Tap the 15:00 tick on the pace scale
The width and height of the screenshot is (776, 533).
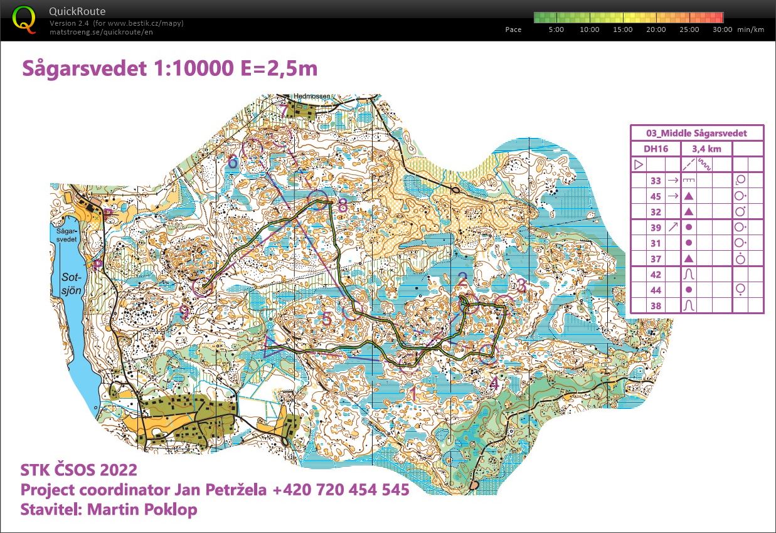622,29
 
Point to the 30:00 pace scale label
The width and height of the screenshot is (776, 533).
722,29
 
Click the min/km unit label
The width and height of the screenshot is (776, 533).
752,29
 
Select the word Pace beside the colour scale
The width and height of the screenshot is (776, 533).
513,29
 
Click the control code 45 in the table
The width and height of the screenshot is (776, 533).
656,196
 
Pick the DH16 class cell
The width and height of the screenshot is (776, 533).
656,149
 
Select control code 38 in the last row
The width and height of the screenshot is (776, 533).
656,306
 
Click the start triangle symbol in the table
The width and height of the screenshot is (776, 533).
639,165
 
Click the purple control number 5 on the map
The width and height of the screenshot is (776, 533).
327,319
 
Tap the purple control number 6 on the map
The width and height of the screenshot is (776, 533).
233,162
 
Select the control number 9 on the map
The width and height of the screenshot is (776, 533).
184,312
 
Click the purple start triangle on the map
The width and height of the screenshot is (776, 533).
272,347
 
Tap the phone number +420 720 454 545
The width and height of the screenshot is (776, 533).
341,489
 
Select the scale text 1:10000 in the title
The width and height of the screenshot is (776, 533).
192,68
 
